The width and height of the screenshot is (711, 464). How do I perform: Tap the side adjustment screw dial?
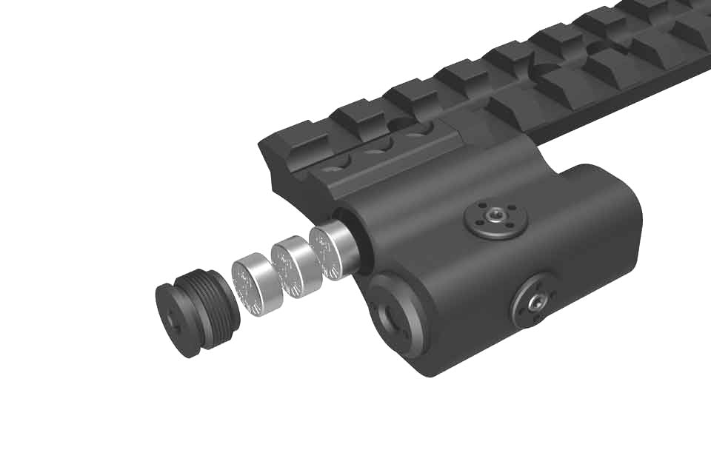click(x=535, y=300)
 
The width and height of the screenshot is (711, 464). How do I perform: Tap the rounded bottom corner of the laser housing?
click(x=437, y=363)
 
